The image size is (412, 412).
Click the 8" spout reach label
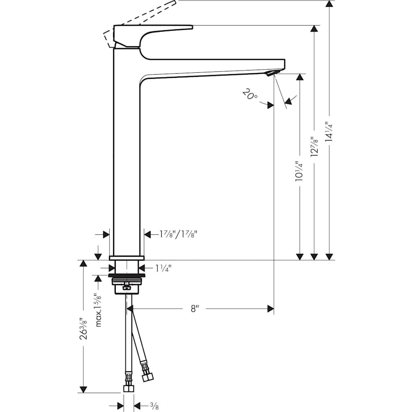click(x=195, y=309)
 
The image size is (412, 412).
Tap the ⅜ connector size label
click(x=154, y=406)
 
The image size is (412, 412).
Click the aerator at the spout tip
click(x=271, y=74)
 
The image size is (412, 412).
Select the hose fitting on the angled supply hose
click(x=147, y=376)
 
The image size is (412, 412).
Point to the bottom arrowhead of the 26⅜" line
click(x=83, y=389)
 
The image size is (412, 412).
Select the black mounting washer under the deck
click(x=127, y=276)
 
